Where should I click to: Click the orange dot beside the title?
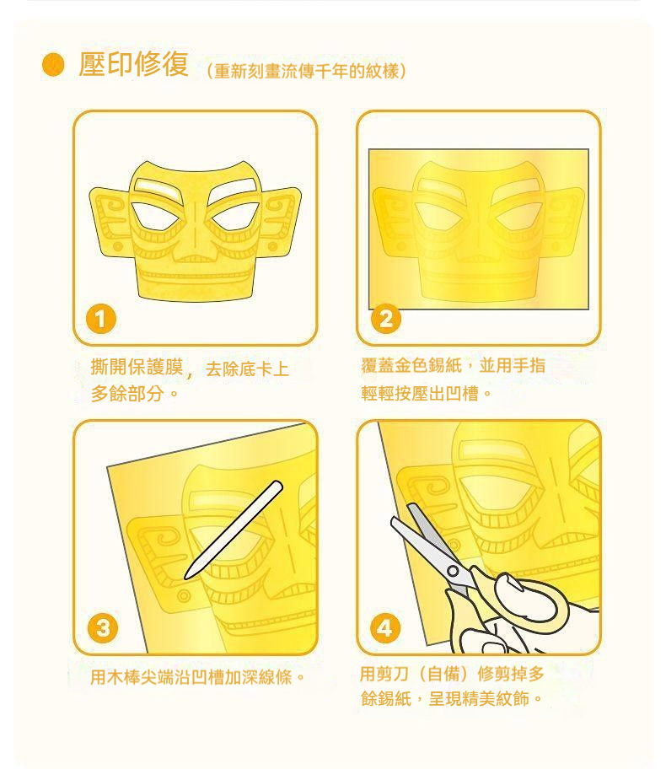53,65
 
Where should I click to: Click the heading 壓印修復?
134,64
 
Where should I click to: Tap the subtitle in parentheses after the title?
306,71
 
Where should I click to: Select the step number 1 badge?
101,319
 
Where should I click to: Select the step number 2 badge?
386,319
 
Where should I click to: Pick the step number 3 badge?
103,628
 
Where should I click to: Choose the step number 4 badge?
385,628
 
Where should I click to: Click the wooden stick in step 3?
234,530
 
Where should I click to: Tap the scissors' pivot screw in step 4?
453,571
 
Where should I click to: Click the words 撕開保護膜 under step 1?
137,368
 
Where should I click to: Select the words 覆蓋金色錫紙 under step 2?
411,366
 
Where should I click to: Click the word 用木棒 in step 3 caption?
115,677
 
